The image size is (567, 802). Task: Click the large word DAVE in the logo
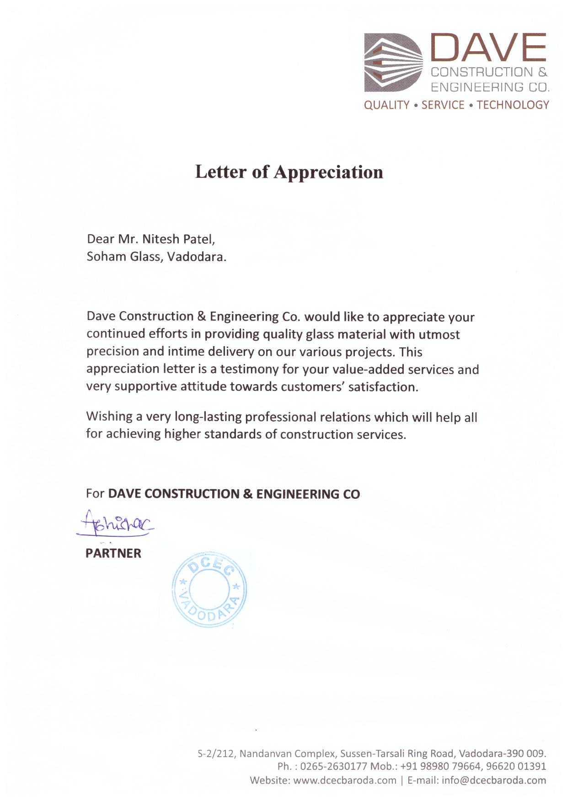tap(488, 48)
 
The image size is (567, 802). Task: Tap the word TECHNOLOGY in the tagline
tap(513, 105)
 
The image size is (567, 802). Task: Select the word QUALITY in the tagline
tap(386, 105)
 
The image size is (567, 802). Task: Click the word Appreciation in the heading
tap(328, 172)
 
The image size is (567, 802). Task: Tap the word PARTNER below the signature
tap(113, 553)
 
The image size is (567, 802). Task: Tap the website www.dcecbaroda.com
tap(344, 780)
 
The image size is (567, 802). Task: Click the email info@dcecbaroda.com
tap(494, 780)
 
